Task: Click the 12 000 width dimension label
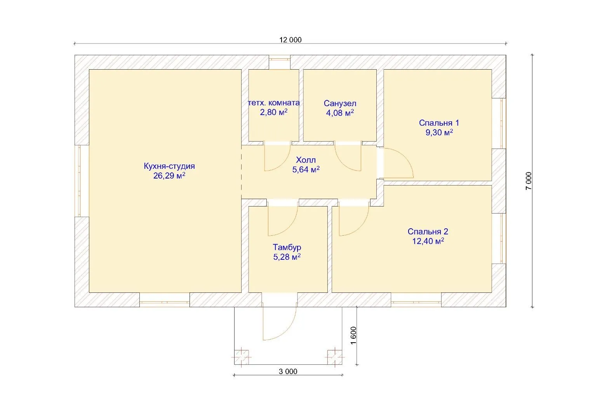pos(290,40)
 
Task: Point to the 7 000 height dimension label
pos(529,181)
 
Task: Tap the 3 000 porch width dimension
pos(288,371)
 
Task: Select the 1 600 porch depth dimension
pos(353,335)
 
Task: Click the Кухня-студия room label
pos(169,166)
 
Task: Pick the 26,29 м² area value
pos(169,175)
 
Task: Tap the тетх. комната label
pos(274,103)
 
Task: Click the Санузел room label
pos(340,103)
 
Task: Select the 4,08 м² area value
pos(340,113)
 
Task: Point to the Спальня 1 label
pos(439,123)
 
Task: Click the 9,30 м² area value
pos(439,132)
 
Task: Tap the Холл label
pos(306,160)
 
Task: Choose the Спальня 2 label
pos(428,231)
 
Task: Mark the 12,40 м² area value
pos(428,241)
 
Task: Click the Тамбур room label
pos(287,247)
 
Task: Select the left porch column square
pos(242,357)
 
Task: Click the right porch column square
pos(335,357)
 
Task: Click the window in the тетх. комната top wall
pos(280,60)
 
